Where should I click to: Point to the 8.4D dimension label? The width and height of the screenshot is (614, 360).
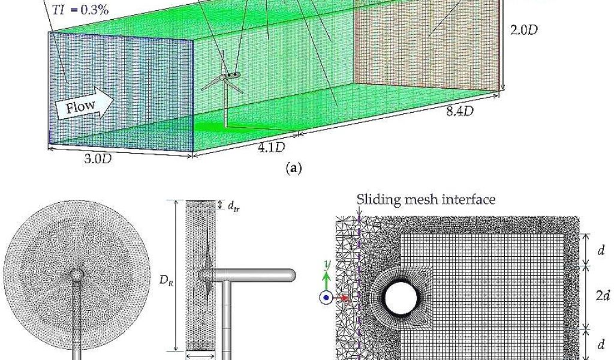[462, 111]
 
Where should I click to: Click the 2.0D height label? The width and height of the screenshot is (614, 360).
[523, 29]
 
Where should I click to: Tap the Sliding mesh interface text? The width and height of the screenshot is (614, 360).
[426, 199]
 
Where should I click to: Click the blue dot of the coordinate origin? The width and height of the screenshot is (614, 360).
[326, 297]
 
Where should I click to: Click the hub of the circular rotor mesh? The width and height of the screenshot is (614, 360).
[77, 275]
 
